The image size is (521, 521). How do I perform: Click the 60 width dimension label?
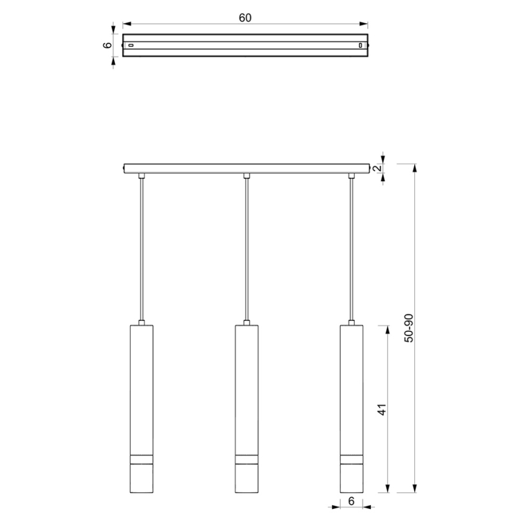245,17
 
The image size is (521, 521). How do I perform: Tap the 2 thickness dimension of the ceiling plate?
376,168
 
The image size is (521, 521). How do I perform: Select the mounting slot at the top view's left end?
131,45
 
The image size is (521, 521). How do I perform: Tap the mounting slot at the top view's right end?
360,45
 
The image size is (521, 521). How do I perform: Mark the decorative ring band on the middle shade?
246,461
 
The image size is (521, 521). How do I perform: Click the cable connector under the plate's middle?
246,176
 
